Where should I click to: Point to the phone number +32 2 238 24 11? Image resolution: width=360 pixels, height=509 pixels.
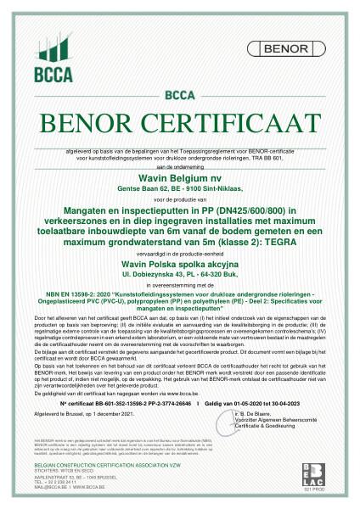(59, 482)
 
